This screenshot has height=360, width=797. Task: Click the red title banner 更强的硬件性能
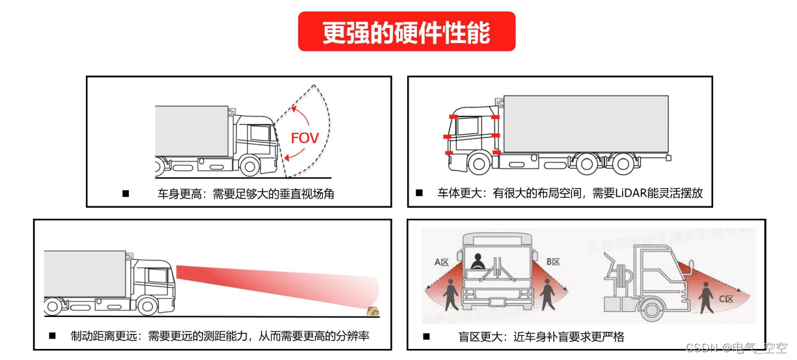pos(407,31)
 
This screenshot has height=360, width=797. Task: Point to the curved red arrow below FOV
pos(297,154)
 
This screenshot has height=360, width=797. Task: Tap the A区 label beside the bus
pos(442,262)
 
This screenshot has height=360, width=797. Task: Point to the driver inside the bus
pos(478,261)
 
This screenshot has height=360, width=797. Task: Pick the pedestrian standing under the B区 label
pos(547,296)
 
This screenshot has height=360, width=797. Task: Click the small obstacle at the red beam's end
pos(373,311)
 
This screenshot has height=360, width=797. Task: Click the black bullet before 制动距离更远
pos(53,336)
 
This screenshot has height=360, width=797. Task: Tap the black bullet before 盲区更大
pos(426,337)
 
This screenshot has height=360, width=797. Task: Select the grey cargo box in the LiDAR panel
pos(586,124)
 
